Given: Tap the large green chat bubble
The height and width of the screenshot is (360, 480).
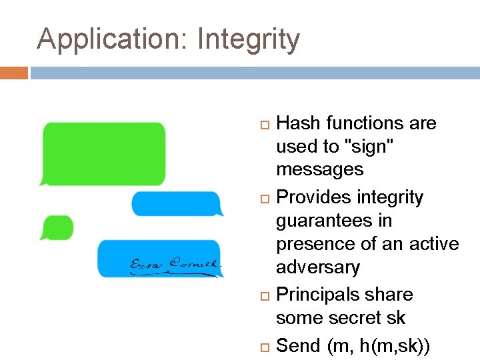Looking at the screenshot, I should point(103,153).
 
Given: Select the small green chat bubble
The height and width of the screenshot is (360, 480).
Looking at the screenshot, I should point(57,227).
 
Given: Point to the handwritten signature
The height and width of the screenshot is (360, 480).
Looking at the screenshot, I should point(174,265).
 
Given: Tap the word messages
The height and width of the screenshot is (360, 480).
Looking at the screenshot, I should point(320,169).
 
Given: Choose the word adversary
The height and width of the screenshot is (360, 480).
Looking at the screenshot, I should point(318,267).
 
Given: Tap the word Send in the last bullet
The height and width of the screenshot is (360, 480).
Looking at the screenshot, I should point(298,345).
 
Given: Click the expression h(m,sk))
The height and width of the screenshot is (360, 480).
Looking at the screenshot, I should point(395,345).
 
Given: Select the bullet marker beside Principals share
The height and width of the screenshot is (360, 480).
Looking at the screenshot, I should point(264,295).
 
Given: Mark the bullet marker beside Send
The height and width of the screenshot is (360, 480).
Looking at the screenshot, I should point(264,346).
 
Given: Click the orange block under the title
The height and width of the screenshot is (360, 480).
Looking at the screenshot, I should point(14,73).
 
